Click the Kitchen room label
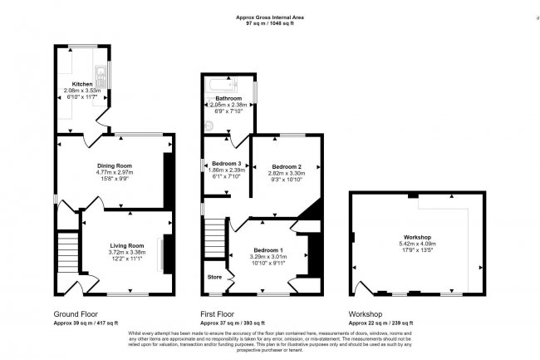pos(81,84)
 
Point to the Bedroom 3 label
pos(226,163)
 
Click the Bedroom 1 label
pos(268,250)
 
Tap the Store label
pos(214,277)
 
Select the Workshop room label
pos(419,237)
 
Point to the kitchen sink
pos(100,78)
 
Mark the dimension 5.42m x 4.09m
pos(419,244)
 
